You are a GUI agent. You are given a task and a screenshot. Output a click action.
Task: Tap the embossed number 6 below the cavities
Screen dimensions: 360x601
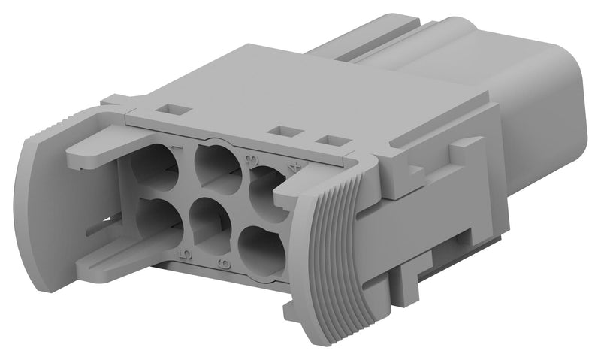pyautogui.click(x=223, y=262)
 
